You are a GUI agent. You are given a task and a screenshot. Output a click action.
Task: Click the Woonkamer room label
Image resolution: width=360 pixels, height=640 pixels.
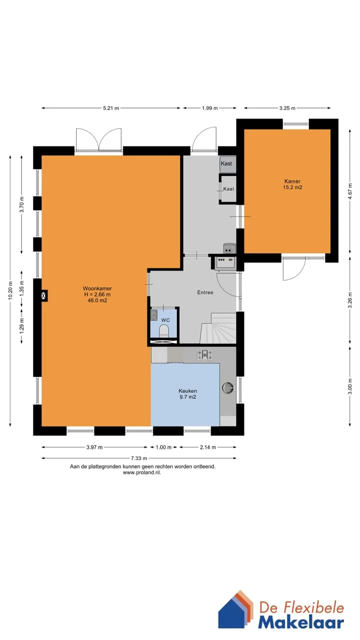(x=97, y=294)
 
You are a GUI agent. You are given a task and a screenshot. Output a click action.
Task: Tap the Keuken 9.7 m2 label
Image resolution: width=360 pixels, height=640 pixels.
(x=187, y=393)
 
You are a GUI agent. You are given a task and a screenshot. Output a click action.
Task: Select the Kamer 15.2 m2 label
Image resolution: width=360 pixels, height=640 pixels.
(x=292, y=184)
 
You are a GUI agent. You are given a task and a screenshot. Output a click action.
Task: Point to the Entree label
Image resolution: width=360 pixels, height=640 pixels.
(x=205, y=292)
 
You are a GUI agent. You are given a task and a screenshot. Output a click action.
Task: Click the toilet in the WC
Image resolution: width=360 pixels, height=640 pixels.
(x=164, y=331)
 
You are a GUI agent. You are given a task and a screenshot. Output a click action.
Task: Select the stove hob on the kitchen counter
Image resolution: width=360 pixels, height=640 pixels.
(x=205, y=355)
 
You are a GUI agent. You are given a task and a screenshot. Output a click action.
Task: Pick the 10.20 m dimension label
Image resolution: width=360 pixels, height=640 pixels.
(x=10, y=290)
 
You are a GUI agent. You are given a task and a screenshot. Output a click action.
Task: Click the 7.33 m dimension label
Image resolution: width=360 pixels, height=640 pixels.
(x=139, y=458)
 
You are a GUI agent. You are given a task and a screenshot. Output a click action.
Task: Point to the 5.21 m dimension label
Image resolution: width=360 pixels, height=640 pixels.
(x=111, y=108)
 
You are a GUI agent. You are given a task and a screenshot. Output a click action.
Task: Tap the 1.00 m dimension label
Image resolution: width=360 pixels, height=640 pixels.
(x=163, y=447)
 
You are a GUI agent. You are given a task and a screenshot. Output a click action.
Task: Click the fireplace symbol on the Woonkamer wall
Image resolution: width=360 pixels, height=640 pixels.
(x=43, y=295)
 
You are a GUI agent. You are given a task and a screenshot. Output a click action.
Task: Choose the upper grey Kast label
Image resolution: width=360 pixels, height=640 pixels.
(x=226, y=163)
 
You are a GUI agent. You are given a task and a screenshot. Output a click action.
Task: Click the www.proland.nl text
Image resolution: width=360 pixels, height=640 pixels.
(x=142, y=472)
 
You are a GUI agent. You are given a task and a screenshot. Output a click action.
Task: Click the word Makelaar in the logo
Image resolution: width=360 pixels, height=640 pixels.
(x=301, y=622)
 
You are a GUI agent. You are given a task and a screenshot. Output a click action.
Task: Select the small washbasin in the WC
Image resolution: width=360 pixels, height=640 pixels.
(x=154, y=315)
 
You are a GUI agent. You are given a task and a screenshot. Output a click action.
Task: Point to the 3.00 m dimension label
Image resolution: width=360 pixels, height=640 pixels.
(x=350, y=386)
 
